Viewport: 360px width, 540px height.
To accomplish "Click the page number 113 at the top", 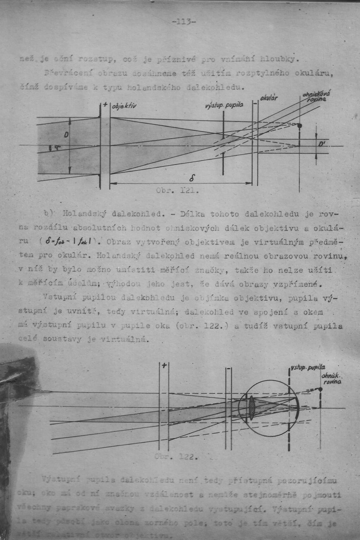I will [x=183, y=21].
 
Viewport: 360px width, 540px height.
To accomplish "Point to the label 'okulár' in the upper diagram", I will [x=269, y=97].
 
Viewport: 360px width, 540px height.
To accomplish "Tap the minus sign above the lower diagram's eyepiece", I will [x=229, y=370].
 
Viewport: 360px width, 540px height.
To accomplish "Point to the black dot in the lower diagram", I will [x=320, y=389].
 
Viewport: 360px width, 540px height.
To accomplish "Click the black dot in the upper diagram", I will [x=299, y=126].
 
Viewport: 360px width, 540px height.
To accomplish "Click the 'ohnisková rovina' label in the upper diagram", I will [x=316, y=97].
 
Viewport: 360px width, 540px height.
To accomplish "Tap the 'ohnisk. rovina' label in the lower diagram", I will [x=331, y=379].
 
